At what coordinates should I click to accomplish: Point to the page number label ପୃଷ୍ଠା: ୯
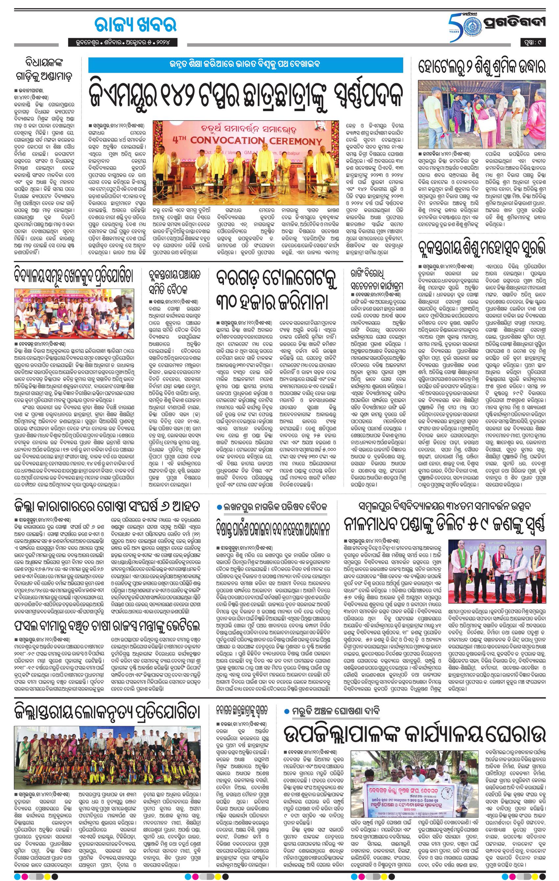point(533,43)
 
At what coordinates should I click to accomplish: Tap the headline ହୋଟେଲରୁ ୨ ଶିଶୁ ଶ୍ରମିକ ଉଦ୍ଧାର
point(482,68)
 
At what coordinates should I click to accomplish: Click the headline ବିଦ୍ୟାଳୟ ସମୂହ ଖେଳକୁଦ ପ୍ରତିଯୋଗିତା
point(73,275)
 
